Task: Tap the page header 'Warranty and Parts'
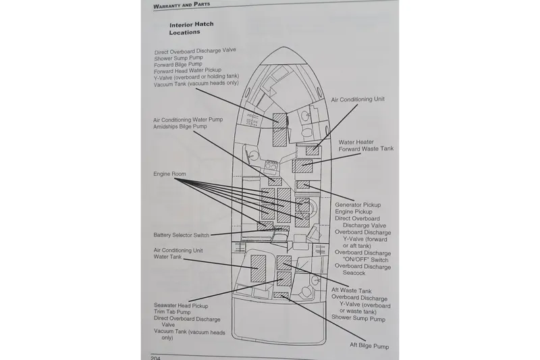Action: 182,5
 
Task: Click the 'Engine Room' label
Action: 169,174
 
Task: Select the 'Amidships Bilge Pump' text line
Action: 180,127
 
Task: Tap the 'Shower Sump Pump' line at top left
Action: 179,59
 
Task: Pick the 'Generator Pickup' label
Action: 358,205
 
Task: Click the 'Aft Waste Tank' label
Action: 351,290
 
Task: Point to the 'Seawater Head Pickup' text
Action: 181,305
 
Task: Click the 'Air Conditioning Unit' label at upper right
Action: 358,99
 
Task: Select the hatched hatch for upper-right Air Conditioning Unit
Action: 311,149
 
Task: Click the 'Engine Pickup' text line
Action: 354,212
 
